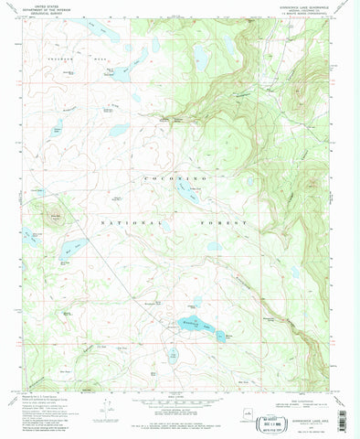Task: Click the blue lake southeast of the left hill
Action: tap(75, 247)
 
